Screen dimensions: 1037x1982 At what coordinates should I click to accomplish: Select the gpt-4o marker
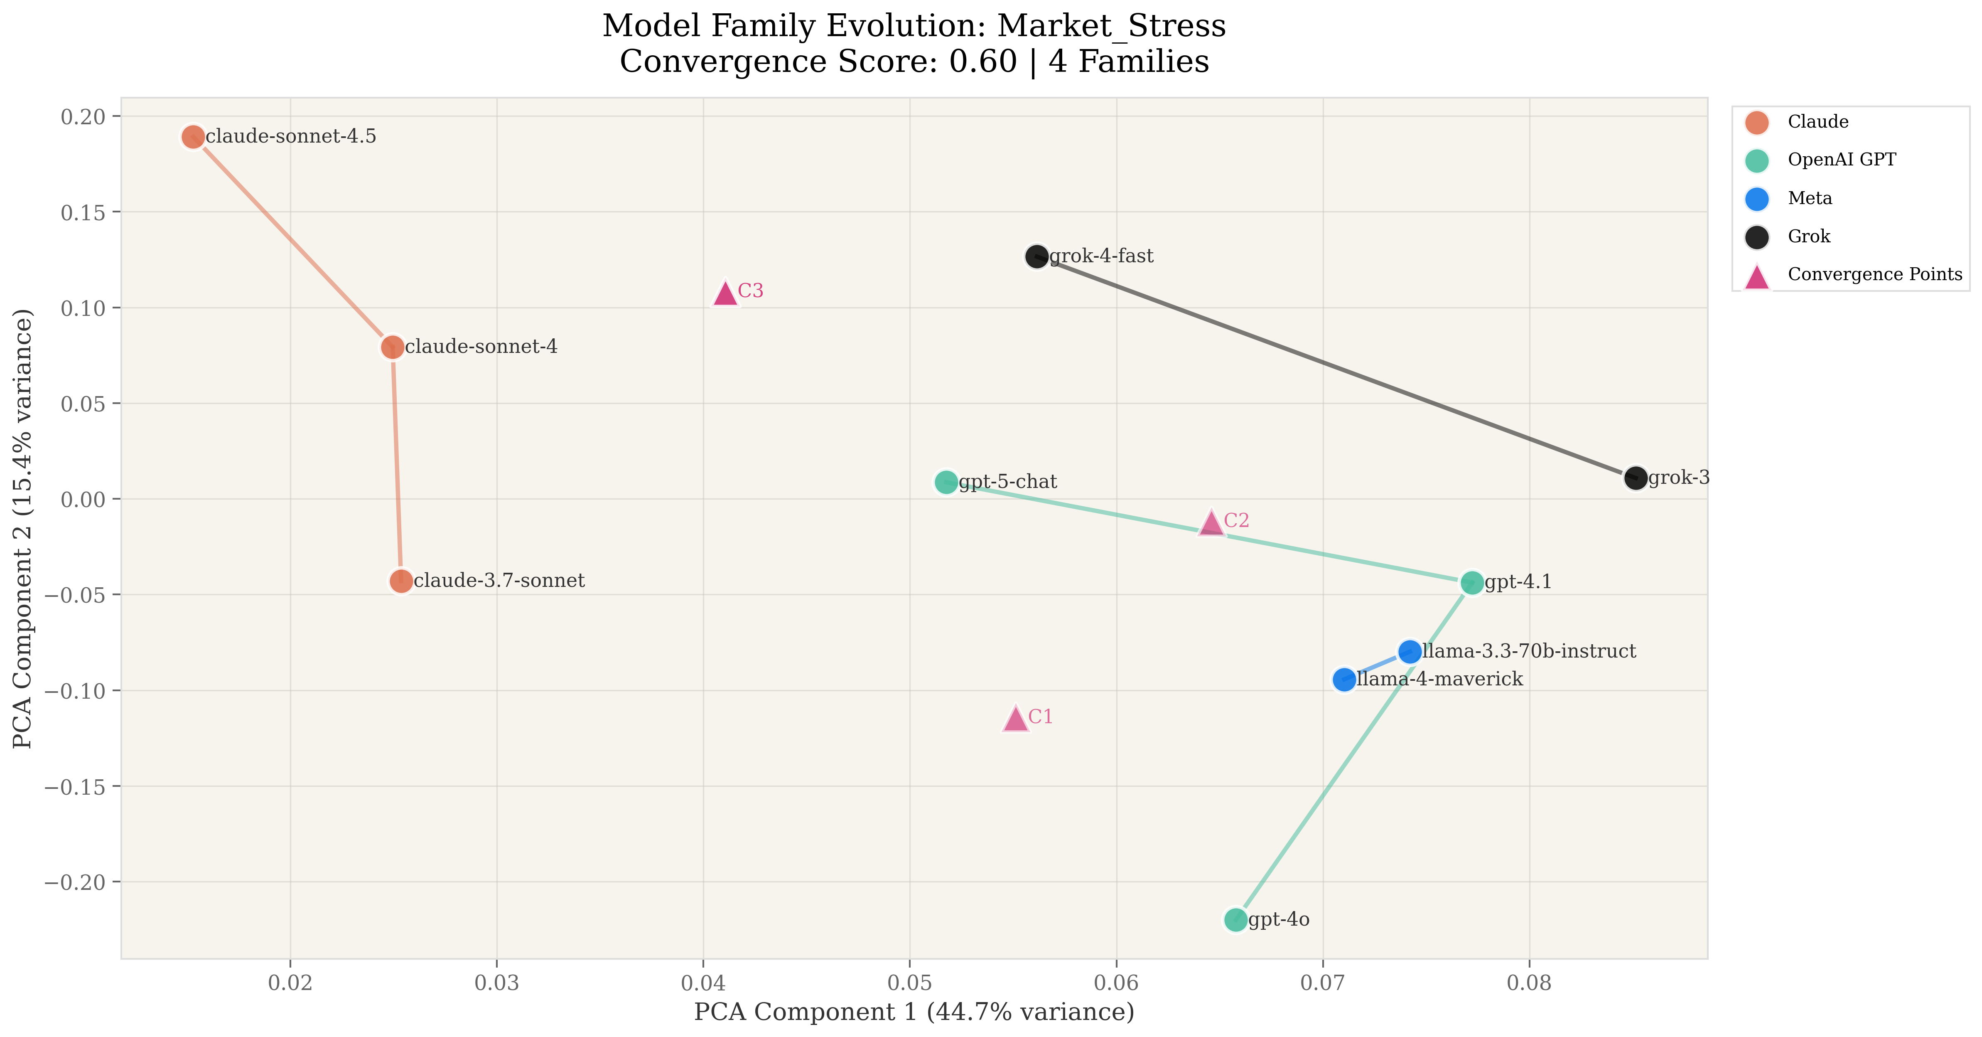coord(1235,919)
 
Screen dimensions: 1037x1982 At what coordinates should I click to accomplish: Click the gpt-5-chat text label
coord(1008,482)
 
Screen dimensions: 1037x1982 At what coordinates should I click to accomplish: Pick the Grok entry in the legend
coord(1808,236)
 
